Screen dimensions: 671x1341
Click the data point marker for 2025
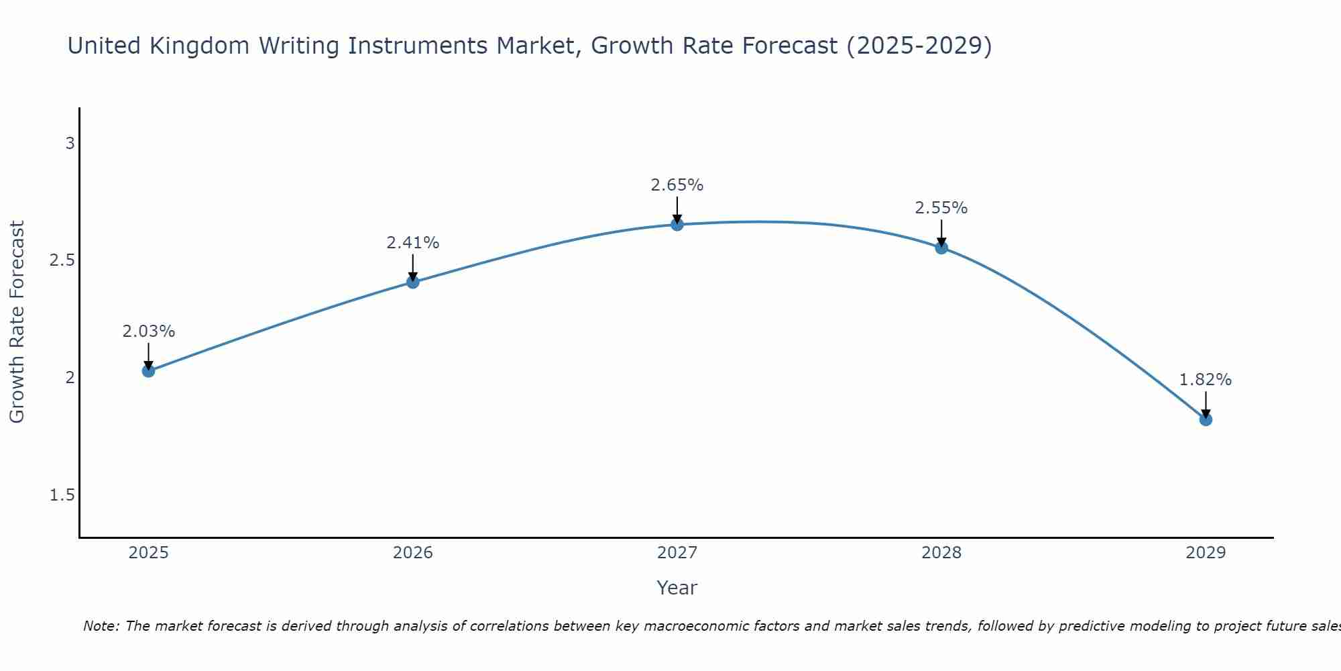(x=148, y=370)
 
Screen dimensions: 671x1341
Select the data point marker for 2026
(x=412, y=282)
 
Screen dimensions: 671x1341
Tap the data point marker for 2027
(x=677, y=224)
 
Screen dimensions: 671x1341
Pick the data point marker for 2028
(x=941, y=248)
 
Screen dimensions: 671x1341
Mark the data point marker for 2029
(x=1206, y=419)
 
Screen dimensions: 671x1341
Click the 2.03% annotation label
(x=148, y=331)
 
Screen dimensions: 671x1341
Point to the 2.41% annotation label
(x=412, y=243)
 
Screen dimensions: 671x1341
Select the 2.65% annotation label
(x=677, y=185)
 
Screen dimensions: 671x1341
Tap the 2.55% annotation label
(x=941, y=208)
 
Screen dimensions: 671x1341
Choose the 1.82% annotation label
(x=1206, y=380)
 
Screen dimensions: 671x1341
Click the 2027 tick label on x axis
(x=677, y=553)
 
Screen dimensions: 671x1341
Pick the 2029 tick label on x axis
(x=1206, y=553)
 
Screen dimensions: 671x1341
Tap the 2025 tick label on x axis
(x=148, y=553)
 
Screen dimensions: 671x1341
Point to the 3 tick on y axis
(x=70, y=144)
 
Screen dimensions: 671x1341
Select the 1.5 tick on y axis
(x=62, y=495)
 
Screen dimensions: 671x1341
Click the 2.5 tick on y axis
(x=62, y=260)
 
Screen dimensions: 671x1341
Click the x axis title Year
(x=677, y=588)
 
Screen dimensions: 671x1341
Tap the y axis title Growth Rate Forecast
(x=17, y=322)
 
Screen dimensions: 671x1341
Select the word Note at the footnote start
(x=101, y=626)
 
